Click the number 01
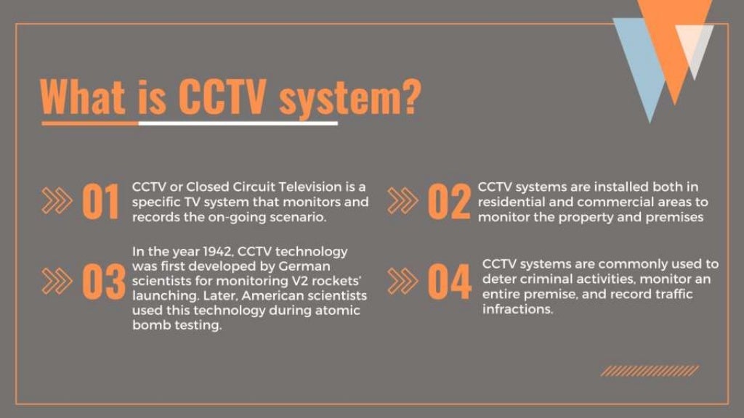tap(100, 202)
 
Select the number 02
tap(448, 202)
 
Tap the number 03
tap(103, 282)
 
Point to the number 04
tap(449, 282)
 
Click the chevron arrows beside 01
tap(57, 201)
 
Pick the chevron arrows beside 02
tap(402, 201)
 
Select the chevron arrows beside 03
tap(57, 282)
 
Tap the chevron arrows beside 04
tap(402, 282)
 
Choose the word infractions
tap(517, 309)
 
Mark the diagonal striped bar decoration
tap(650, 371)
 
